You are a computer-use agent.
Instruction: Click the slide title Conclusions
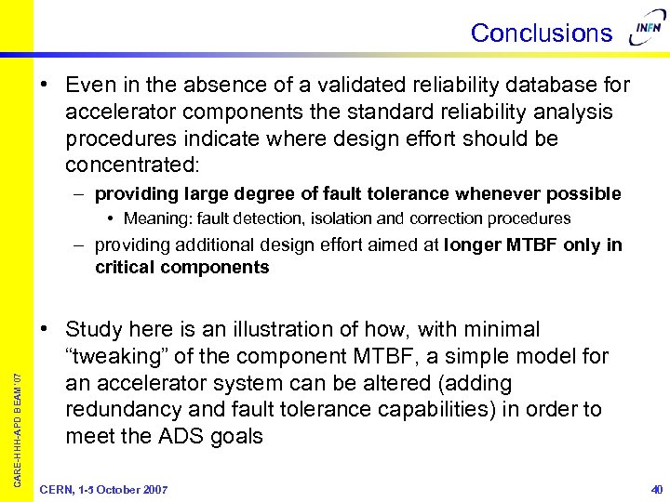click(541, 33)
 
